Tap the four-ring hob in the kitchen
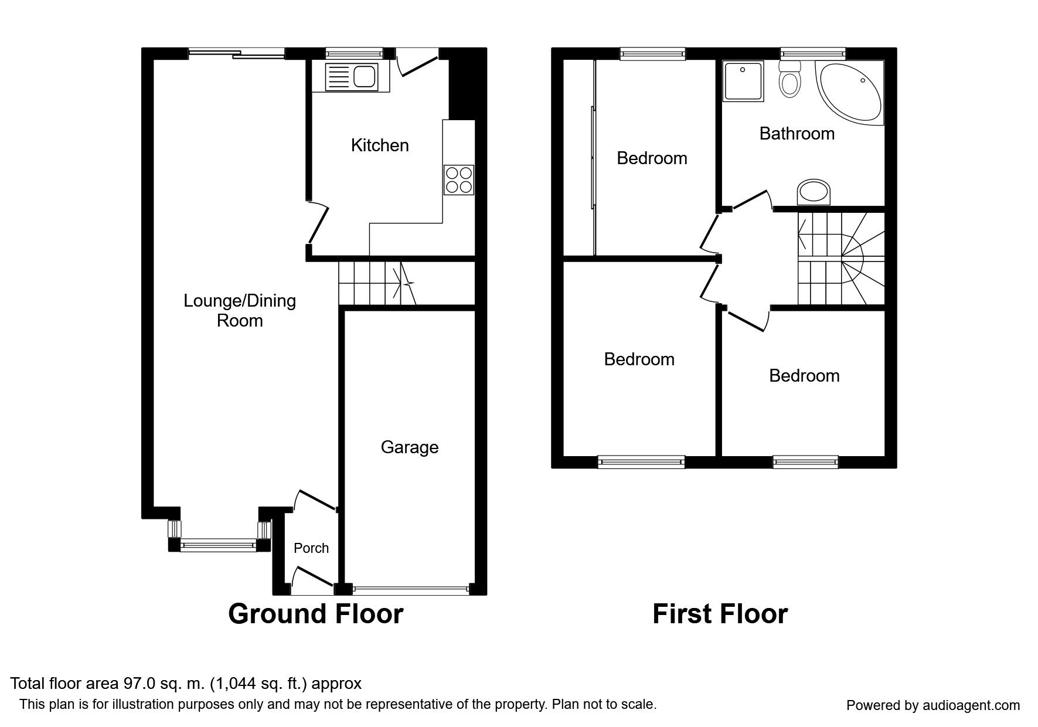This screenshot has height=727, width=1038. pos(459,180)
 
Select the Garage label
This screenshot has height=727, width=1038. pos(410,447)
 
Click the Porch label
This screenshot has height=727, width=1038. pos(311,548)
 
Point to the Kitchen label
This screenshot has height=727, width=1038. pos(380,145)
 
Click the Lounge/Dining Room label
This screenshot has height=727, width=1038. pos(240,311)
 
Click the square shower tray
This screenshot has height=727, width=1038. pos(744,81)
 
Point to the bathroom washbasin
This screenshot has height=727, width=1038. pos(814,192)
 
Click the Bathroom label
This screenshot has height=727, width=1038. pos(797,134)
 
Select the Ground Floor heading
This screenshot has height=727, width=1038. pos(315,614)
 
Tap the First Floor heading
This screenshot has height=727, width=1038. pos(720,614)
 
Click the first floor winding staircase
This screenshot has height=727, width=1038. pos(840,259)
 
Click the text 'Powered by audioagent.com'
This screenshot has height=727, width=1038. pos(933,705)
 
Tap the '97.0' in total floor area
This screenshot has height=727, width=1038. pos(138,684)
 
